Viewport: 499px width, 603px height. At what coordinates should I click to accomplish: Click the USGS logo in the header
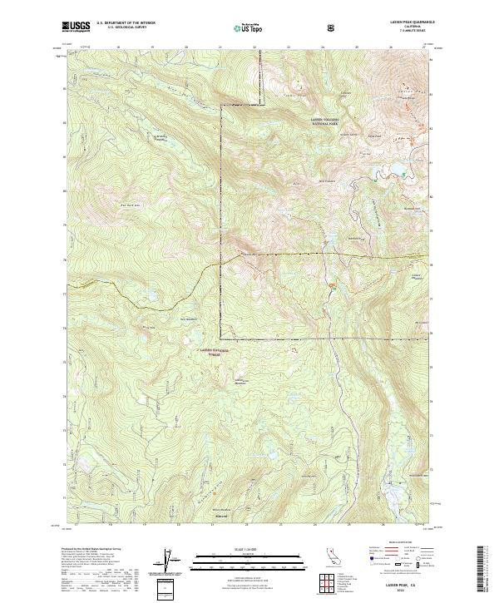[77, 27]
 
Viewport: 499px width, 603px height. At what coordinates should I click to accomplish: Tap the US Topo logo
[244, 27]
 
